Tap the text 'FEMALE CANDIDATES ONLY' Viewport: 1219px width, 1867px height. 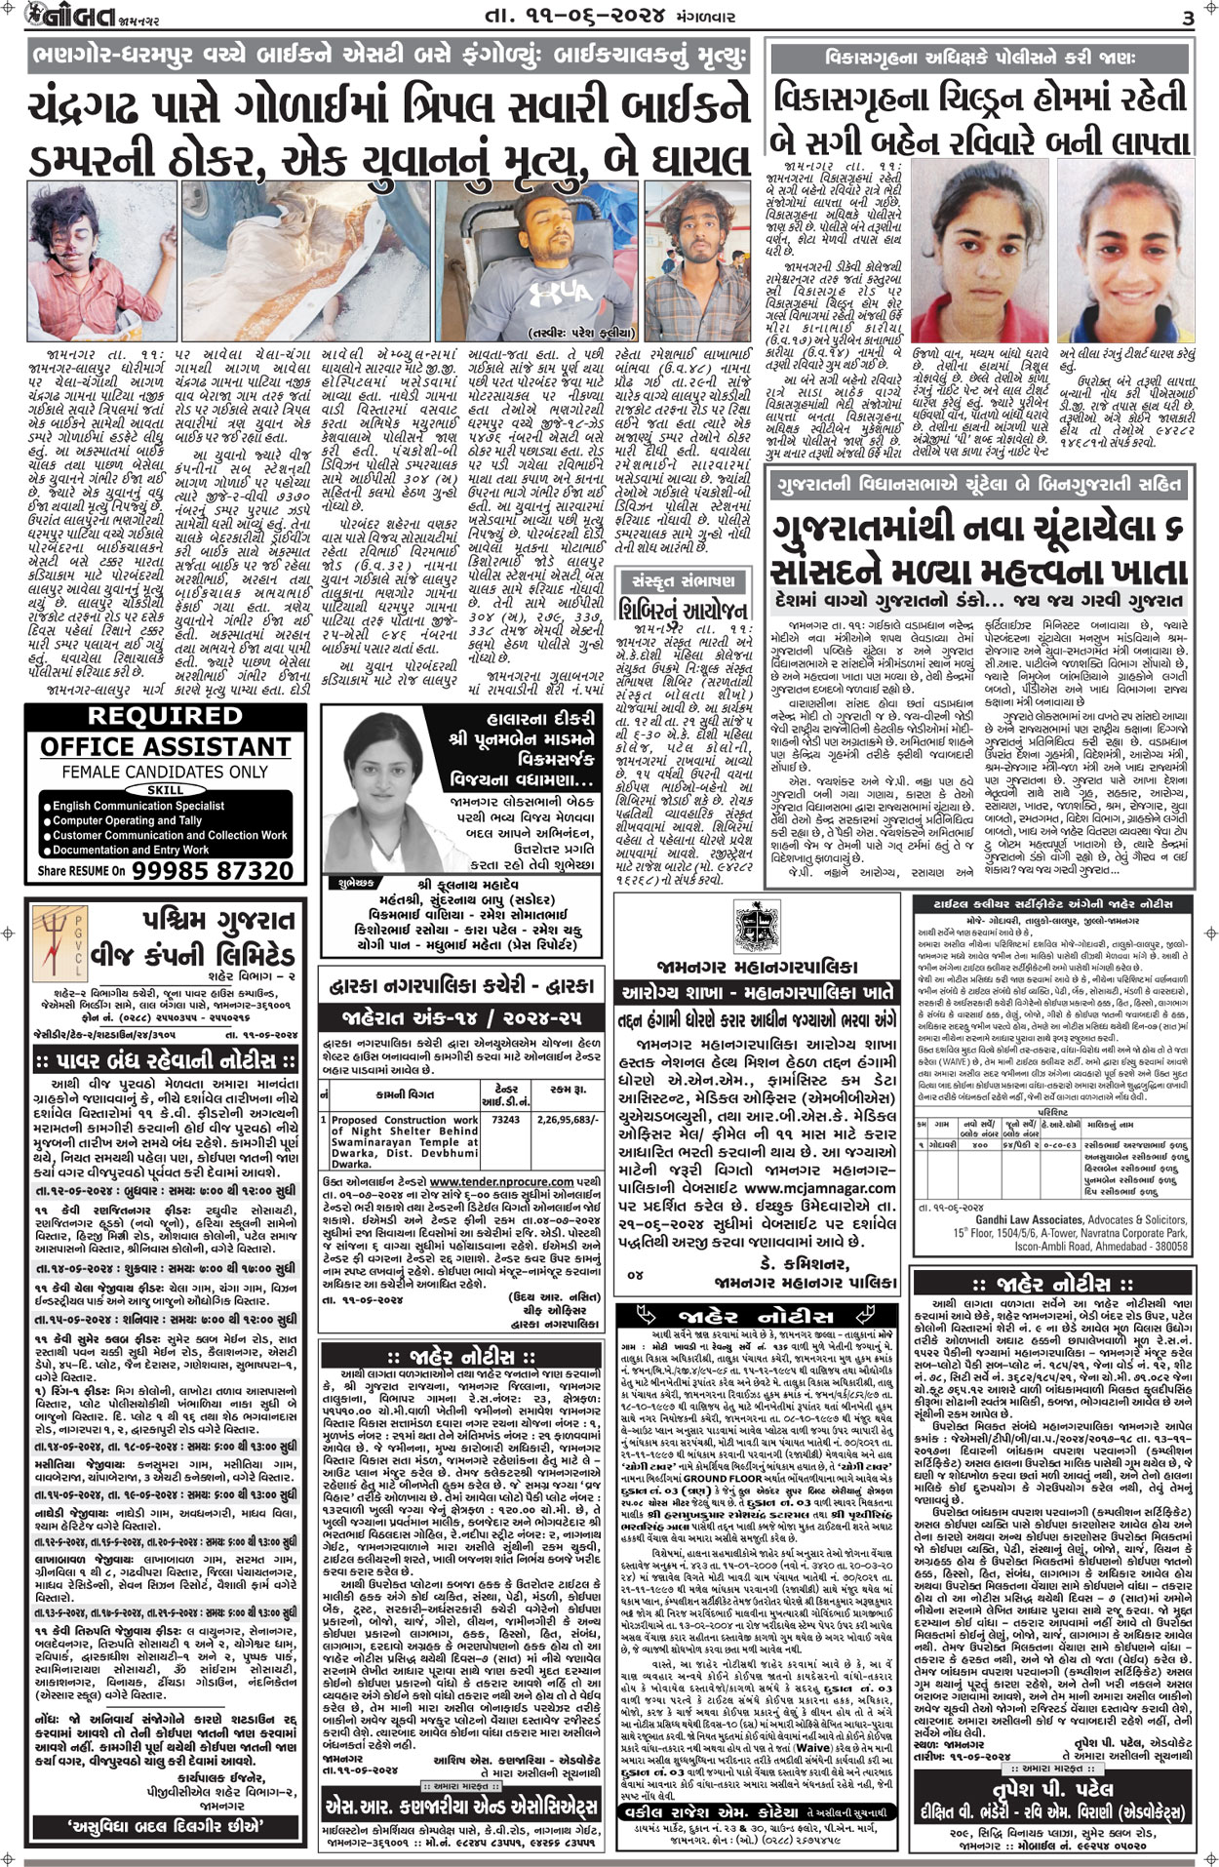point(151,771)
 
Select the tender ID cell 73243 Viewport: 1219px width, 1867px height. point(505,1121)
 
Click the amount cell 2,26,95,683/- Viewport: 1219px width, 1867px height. point(565,1121)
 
